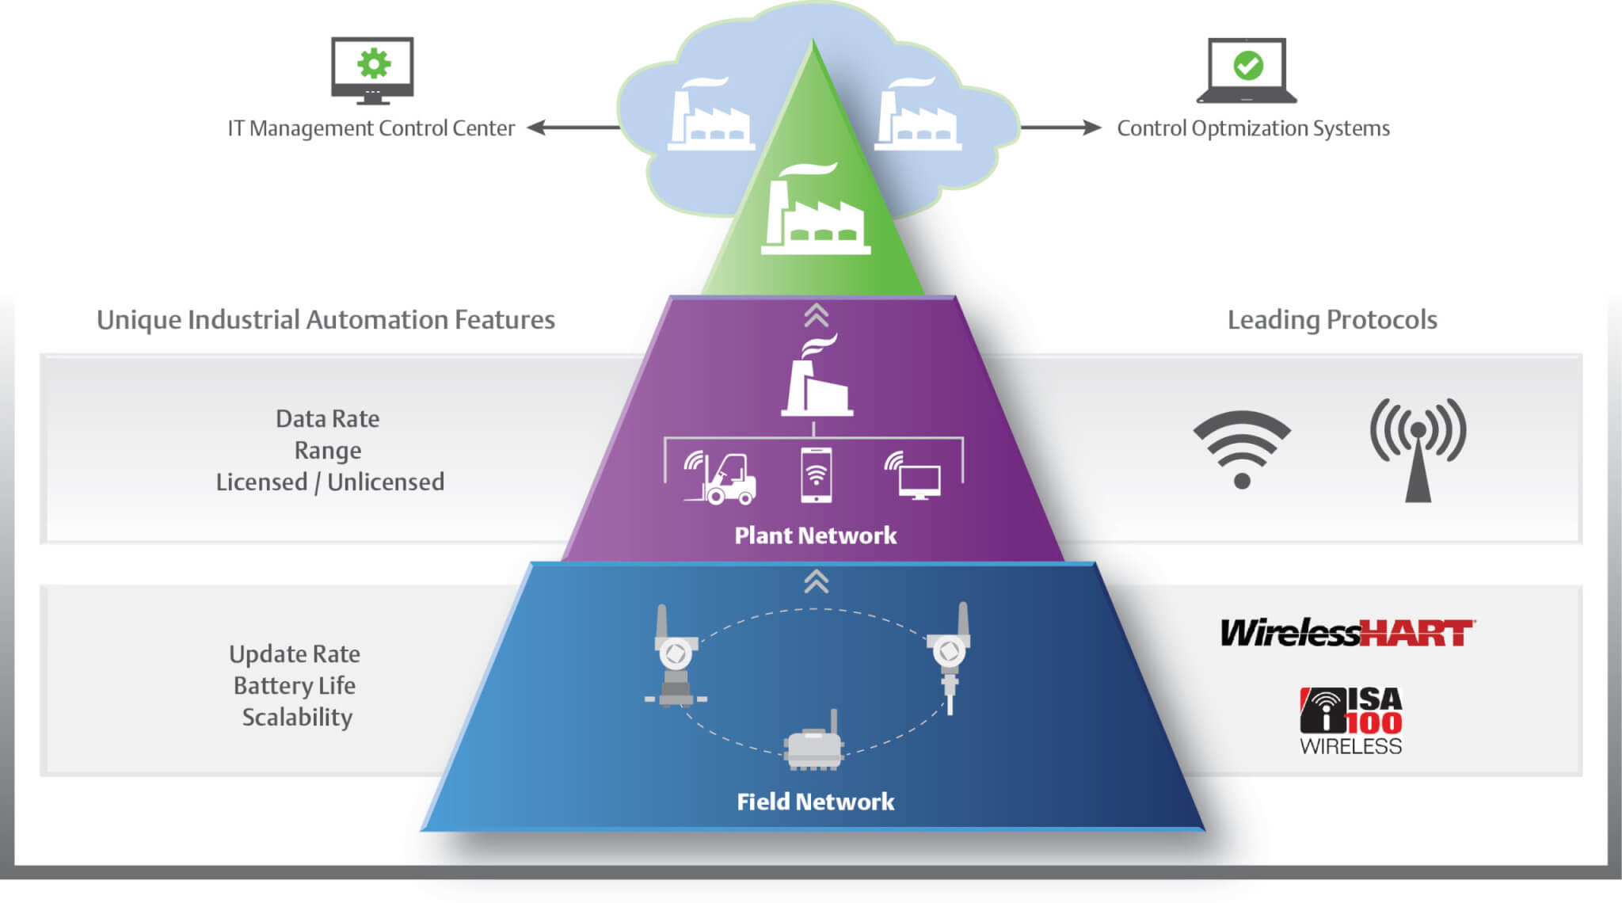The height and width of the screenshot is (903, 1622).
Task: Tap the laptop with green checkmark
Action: (1247, 70)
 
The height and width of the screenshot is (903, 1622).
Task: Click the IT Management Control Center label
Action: (371, 128)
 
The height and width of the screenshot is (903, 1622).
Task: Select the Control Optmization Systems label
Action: (1253, 128)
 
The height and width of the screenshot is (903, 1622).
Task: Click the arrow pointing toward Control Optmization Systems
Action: (1060, 128)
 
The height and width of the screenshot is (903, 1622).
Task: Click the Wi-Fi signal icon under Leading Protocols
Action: (1242, 448)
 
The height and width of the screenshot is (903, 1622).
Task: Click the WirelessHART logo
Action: (1346, 633)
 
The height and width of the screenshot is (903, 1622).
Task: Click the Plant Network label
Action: (815, 535)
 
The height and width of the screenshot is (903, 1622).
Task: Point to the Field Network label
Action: (815, 802)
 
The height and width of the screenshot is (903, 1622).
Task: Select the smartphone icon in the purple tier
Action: (816, 475)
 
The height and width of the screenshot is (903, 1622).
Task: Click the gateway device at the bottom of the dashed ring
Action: (814, 743)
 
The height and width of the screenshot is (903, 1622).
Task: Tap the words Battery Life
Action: (294, 685)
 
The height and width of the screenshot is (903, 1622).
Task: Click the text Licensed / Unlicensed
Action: (329, 482)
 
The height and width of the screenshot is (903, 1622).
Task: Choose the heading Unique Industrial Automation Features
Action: (326, 320)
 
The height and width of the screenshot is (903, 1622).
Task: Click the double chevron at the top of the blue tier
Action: (817, 581)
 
